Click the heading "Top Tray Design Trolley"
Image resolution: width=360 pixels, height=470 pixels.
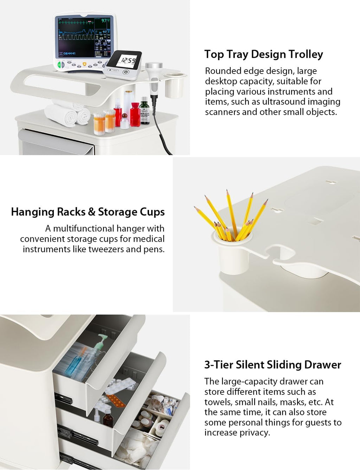(x=264, y=54)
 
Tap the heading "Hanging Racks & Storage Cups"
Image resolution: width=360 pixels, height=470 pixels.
(x=88, y=212)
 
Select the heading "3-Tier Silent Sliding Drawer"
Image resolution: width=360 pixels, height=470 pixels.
(x=273, y=365)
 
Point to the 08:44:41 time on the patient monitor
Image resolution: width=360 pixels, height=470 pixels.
(x=69, y=53)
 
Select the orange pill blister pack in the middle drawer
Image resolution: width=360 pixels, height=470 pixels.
(x=116, y=400)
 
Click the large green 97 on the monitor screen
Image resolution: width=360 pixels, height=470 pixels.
(x=104, y=21)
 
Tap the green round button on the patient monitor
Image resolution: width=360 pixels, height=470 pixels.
(x=59, y=64)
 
